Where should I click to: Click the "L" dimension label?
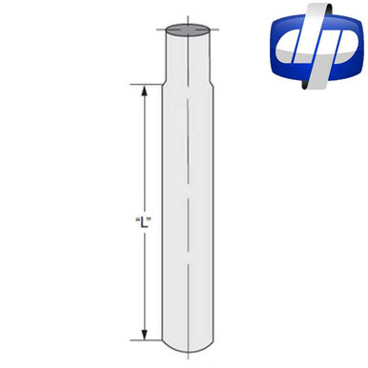pos(146,221)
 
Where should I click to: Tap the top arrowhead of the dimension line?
pos(145,92)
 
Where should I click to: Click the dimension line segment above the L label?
pos(145,153)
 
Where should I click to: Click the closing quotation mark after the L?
pos(153,218)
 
